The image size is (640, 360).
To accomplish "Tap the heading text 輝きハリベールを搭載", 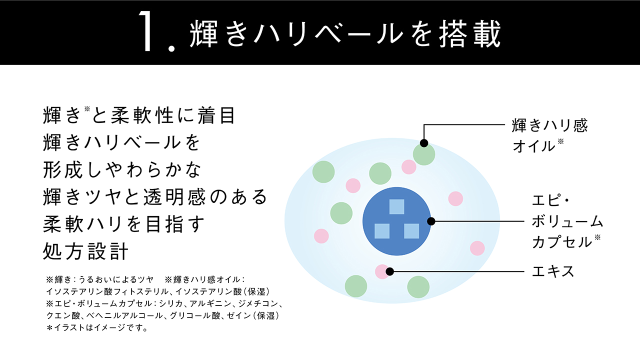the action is pos(345,34).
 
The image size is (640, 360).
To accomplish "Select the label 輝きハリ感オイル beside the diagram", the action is pos(549,135).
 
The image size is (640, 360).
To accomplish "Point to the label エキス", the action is pos(553,271).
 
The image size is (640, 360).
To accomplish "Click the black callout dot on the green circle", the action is pos(424,143).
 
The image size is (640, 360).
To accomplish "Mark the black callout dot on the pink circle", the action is pos(390,271).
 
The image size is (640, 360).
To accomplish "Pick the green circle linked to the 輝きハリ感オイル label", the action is pos(424,154).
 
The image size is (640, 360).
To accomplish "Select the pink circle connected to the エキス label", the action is pos(382,271).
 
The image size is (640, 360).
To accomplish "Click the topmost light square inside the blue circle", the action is pos(396,206).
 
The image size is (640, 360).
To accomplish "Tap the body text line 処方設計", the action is pos(86,251).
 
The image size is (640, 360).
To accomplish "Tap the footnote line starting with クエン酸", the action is pos(162,316).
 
